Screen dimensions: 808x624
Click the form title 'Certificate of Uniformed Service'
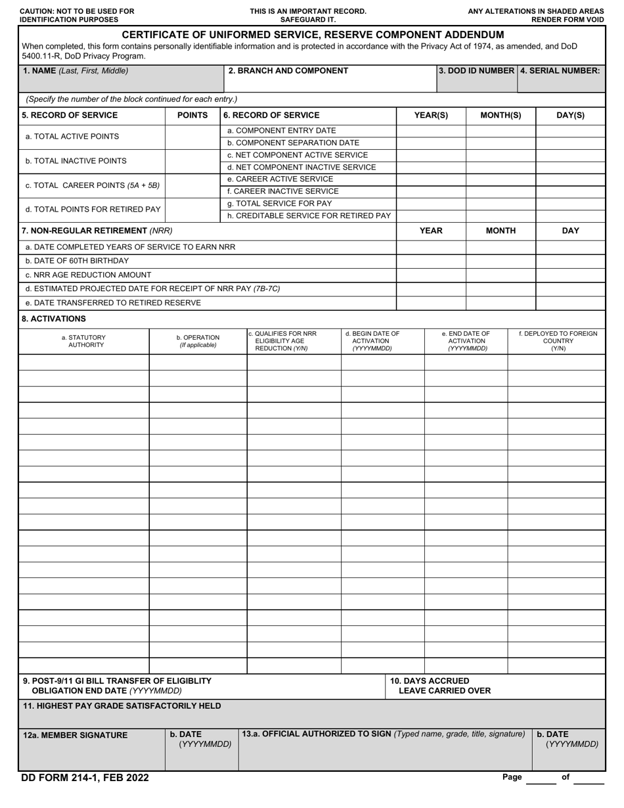313,35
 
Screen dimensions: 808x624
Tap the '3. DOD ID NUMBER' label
477,71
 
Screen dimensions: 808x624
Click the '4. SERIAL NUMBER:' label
560,71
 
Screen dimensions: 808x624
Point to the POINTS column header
192,115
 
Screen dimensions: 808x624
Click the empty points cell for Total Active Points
192,137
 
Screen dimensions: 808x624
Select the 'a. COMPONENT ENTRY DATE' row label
281,131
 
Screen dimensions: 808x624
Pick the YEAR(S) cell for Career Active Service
431,179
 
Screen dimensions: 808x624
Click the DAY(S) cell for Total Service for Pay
570,204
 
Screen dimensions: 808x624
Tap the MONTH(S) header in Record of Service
501,115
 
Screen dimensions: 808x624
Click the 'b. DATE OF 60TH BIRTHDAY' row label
77,261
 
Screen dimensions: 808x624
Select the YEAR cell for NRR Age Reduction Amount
431,275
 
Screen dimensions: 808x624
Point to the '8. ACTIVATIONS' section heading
54,319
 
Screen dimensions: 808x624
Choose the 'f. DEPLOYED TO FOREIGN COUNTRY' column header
558,341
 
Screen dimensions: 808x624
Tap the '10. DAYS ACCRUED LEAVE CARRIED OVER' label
440,686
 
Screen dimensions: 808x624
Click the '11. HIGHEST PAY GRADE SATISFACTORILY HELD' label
122,706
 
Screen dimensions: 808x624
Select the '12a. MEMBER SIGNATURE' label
75,735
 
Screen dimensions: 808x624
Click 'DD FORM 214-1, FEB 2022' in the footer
85,778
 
